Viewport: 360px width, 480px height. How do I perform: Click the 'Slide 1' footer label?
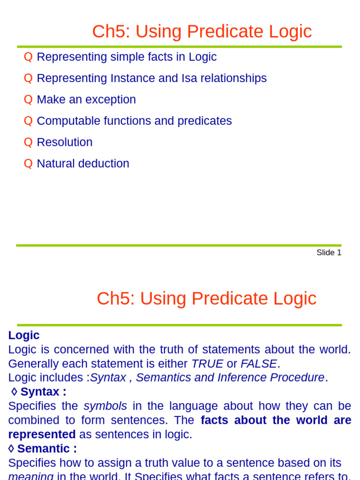[x=329, y=253]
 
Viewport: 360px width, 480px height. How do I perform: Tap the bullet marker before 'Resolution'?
[x=28, y=142]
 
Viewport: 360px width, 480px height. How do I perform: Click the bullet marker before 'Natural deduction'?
[x=28, y=164]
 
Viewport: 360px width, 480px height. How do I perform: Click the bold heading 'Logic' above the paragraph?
[x=24, y=335]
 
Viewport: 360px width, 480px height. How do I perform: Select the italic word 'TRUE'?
[x=207, y=364]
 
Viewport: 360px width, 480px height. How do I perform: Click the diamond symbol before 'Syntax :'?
[x=14, y=391]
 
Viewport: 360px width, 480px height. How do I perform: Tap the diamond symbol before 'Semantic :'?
[x=11, y=449]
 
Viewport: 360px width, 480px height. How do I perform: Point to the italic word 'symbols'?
[x=105, y=406]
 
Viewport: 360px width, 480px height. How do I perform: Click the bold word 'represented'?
[x=42, y=435]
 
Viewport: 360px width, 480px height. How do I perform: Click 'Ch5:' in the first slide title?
[x=111, y=31]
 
